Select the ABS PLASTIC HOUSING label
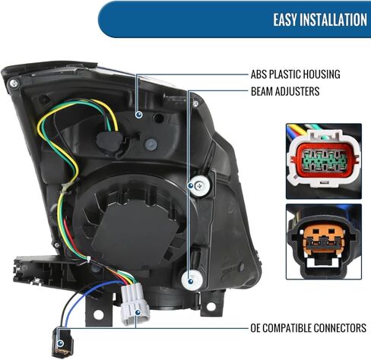click(295, 74)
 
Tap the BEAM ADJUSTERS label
click(285, 91)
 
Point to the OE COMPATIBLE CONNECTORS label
click(308, 328)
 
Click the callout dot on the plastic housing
click(138, 115)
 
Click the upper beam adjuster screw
click(200, 186)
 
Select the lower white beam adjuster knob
click(192, 279)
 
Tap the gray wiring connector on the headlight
click(135, 304)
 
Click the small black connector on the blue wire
click(62, 343)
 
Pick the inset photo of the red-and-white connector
click(324, 161)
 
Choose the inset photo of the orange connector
click(324, 242)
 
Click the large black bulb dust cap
click(133, 228)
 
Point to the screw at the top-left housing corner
click(13, 84)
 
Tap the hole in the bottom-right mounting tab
click(211, 307)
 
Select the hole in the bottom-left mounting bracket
click(98, 315)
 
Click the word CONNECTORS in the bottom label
click(340, 328)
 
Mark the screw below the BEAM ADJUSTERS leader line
click(195, 103)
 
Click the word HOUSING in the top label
click(322, 74)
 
